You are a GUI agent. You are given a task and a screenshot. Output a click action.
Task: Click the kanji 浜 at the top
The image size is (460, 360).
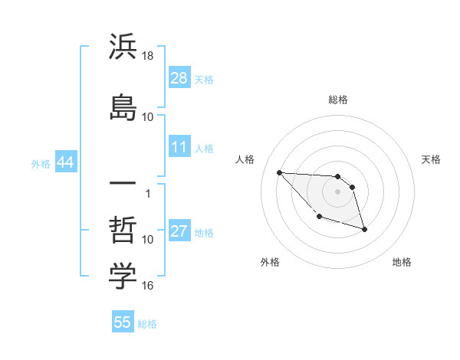coord(123,47)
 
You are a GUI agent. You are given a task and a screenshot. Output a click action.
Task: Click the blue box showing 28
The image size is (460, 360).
coord(179,77)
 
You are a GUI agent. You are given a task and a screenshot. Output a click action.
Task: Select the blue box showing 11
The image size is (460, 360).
coord(179,147)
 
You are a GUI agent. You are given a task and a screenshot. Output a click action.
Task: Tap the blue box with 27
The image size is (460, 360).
coord(179,231)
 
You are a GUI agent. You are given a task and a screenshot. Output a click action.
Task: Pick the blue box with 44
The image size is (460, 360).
coord(65,163)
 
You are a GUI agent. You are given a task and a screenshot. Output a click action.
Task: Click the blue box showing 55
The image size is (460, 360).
coord(123,322)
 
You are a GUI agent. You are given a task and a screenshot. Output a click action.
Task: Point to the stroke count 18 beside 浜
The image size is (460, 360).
coord(148,56)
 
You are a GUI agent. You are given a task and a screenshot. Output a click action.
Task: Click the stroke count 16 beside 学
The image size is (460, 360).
coord(148,286)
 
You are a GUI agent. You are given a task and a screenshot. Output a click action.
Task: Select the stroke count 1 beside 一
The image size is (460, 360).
coord(148,193)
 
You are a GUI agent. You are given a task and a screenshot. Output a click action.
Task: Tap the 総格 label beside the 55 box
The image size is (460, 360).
coord(147,324)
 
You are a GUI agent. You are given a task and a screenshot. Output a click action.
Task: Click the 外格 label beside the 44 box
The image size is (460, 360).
coord(41,164)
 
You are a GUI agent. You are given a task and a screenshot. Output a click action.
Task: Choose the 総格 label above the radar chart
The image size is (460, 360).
coord(337,100)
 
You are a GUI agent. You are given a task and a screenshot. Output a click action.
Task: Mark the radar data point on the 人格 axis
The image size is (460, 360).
coord(279,172)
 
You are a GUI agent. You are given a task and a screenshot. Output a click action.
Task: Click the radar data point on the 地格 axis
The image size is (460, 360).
coord(364,229)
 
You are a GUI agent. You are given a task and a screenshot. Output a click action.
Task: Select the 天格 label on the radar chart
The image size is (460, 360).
coord(432,159)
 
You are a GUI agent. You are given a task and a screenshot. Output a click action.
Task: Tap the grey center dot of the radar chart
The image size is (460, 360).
coord(337,191)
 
